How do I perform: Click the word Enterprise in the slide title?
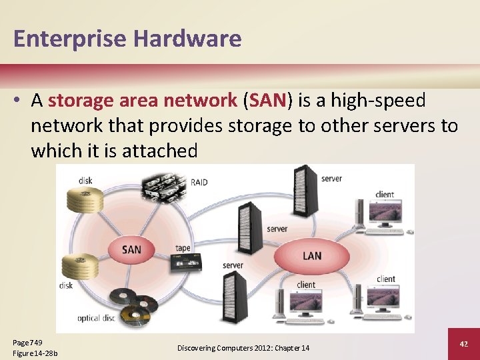69,39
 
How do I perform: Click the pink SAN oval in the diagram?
132,250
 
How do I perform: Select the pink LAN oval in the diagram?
311,256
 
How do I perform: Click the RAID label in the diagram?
199,181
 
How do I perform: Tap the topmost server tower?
305,188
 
